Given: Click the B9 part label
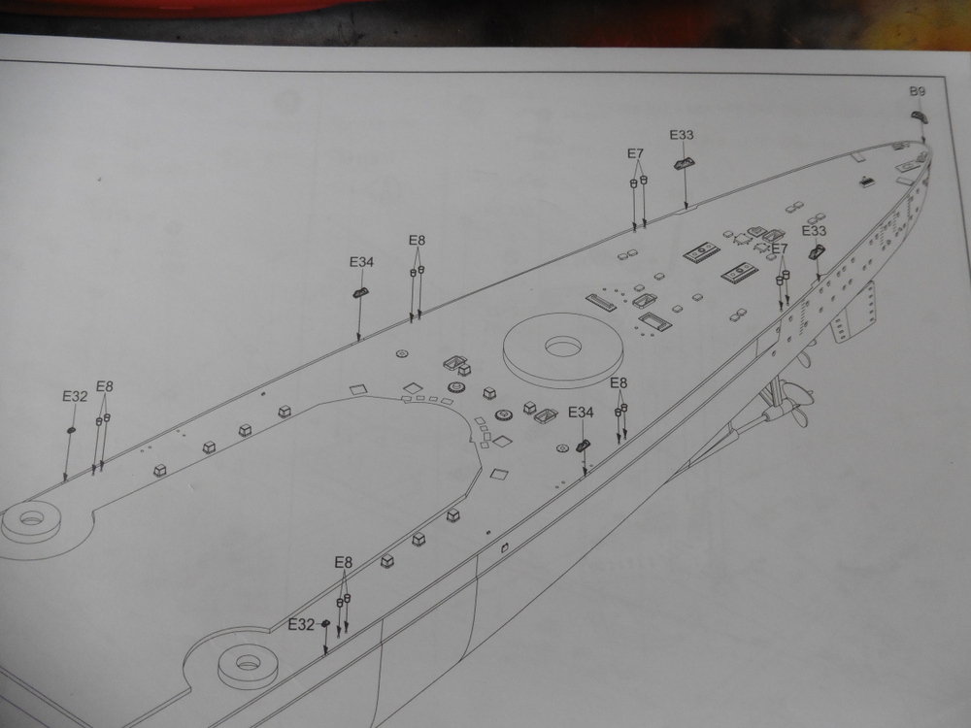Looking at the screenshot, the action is (918, 91).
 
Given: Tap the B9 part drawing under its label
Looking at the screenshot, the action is (919, 116).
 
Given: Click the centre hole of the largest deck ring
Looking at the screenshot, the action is (562, 347).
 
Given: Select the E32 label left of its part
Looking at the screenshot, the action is (302, 625).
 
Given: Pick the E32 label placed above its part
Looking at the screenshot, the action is (75, 397).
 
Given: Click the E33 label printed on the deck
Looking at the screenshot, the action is (814, 231).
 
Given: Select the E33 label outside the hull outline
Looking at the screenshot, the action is (682, 135).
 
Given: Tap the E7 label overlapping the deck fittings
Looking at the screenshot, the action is (780, 248).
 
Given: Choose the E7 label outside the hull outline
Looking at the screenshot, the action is (635, 153).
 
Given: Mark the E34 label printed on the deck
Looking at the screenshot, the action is (581, 413).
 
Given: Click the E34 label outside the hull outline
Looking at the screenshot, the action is (361, 262).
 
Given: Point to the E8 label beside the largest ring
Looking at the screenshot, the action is (619, 383).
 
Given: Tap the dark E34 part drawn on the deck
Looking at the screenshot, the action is (583, 446).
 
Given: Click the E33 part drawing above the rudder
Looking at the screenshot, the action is (818, 252).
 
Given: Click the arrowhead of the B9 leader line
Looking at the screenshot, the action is (924, 141).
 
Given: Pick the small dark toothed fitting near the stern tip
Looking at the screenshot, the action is (866, 182).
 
